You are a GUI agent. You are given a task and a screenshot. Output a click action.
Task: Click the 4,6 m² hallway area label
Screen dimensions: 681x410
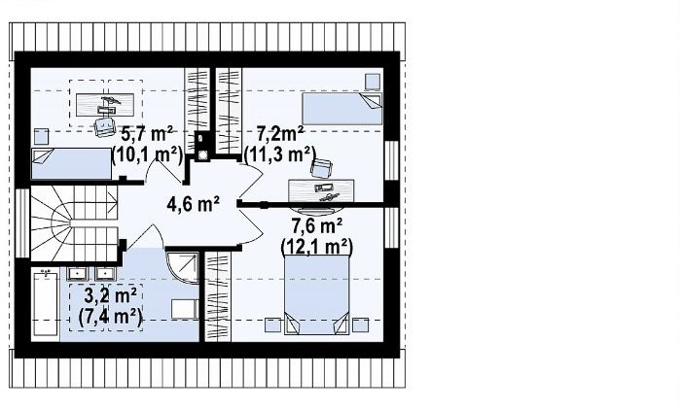(193, 203)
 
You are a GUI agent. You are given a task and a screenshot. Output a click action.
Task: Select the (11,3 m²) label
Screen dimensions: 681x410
(280, 154)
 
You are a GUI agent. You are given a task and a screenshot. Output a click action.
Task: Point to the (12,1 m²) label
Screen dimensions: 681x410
(316, 247)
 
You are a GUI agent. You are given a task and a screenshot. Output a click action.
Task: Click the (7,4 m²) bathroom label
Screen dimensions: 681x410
(110, 317)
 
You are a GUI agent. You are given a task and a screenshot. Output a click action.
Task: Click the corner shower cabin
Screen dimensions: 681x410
(182, 267)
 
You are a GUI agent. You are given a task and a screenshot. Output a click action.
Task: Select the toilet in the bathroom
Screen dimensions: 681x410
(185, 309)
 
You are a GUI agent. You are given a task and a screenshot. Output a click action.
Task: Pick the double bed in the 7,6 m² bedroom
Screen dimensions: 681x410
(316, 295)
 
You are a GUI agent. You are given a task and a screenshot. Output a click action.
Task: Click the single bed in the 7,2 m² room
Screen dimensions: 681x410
(341, 109)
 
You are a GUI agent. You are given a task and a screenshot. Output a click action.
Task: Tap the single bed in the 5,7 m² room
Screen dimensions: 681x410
(71, 163)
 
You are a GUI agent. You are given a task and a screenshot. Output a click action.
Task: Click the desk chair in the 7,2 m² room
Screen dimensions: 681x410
(321, 168)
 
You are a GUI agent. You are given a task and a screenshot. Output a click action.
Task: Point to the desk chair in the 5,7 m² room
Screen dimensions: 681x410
(105, 126)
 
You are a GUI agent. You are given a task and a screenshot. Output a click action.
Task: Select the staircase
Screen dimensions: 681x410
(74, 223)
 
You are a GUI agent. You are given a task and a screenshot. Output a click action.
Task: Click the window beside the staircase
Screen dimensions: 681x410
(22, 223)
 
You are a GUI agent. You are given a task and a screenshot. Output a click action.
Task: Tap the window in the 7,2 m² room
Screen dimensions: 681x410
(391, 160)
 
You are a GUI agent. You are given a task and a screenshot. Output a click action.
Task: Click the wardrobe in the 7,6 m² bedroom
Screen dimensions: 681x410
(217, 296)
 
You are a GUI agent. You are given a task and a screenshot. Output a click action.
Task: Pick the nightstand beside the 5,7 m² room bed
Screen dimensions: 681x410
(42, 137)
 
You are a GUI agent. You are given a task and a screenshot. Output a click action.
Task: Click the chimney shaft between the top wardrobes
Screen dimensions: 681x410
(202, 147)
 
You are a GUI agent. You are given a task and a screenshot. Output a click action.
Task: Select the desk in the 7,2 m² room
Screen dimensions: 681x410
(321, 190)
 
